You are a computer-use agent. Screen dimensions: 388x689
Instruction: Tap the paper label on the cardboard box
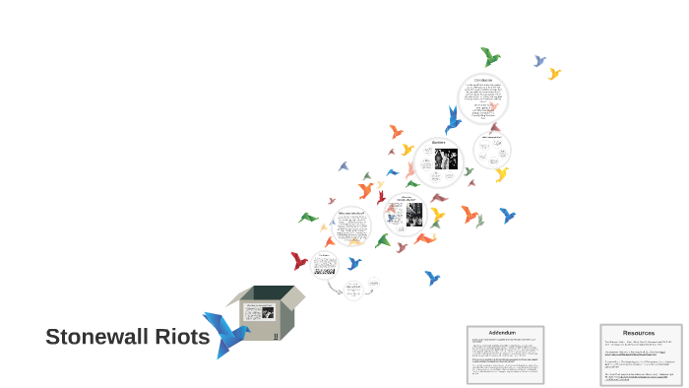click(x=260, y=312)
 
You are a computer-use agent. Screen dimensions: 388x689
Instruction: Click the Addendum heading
click(x=504, y=333)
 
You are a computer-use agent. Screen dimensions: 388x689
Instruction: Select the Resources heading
click(x=638, y=333)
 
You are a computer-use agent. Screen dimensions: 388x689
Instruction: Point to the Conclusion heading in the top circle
click(x=482, y=80)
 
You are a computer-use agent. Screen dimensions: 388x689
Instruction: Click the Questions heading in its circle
click(x=439, y=143)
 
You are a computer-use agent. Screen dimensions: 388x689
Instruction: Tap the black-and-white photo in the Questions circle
click(x=439, y=159)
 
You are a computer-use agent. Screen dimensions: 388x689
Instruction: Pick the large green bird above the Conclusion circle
click(x=489, y=56)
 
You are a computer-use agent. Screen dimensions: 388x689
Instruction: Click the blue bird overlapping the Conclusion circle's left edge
click(x=453, y=121)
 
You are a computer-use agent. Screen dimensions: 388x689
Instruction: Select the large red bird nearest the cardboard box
click(x=299, y=261)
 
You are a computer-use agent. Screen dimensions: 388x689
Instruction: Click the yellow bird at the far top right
click(x=554, y=73)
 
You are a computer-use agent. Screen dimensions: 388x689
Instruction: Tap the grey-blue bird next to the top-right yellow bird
click(x=539, y=61)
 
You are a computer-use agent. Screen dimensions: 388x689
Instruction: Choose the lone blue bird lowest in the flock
click(x=431, y=278)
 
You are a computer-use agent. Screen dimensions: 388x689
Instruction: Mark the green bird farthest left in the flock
click(x=308, y=218)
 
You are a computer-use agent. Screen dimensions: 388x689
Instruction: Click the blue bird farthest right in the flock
click(x=507, y=215)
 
